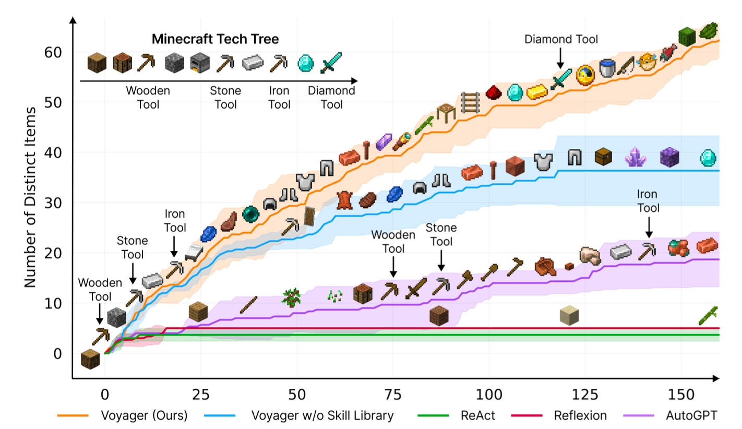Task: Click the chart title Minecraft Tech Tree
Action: pyautogui.click(x=215, y=39)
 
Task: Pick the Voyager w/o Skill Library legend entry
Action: pyautogui.click(x=322, y=416)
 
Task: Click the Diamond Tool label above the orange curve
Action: pyautogui.click(x=561, y=39)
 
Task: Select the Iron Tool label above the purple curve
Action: pyautogui.click(x=648, y=201)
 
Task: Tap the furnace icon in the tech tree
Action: pyautogui.click(x=199, y=63)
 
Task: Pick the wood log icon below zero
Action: pyautogui.click(x=90, y=359)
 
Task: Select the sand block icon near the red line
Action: pyautogui.click(x=569, y=315)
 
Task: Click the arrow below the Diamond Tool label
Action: pyautogui.click(x=560, y=57)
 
